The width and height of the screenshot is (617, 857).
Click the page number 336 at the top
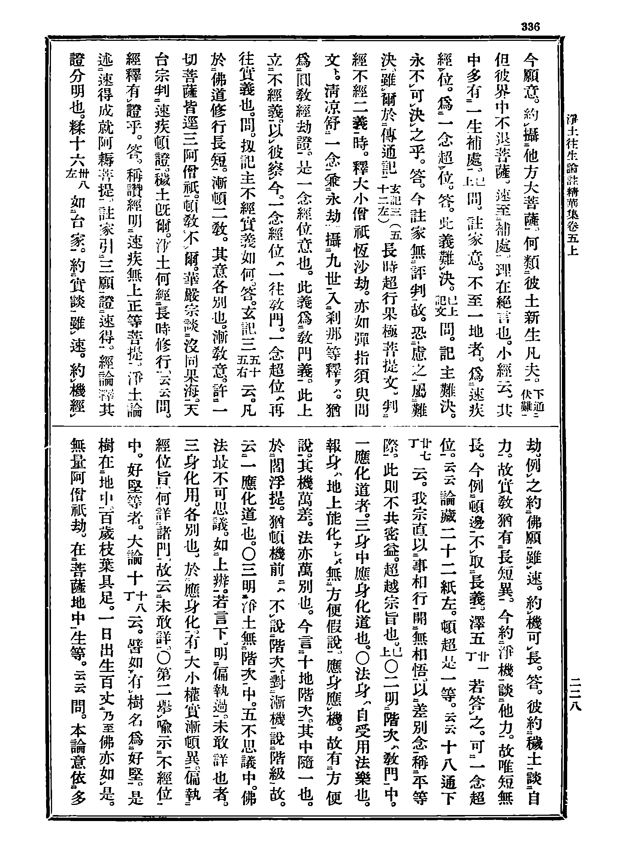(x=530, y=27)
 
